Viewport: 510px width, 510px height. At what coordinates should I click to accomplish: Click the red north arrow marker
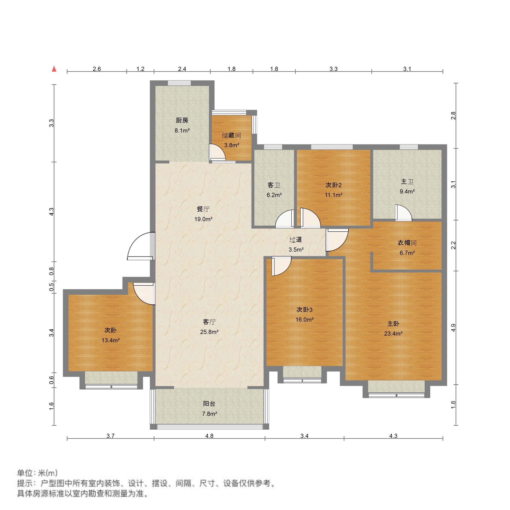coord(54,69)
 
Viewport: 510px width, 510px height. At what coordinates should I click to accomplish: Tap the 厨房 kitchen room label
coord(182,121)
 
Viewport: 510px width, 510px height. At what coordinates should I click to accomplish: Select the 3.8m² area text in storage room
coord(231,145)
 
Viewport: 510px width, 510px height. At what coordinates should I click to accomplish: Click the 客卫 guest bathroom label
coord(274,185)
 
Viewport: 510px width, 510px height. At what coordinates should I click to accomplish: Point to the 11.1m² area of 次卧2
coord(333,195)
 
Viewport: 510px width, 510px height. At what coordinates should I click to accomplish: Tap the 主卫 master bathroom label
coord(407,182)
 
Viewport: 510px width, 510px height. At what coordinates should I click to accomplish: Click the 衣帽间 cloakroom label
coord(407,243)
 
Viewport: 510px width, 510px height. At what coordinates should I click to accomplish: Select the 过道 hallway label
coord(296,240)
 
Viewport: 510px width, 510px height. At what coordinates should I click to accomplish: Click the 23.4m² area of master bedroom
coord(393,334)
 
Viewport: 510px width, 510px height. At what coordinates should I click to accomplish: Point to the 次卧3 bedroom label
coord(304,310)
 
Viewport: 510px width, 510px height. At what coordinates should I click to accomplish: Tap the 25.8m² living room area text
coord(209,332)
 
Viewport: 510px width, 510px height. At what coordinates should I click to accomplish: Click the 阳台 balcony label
coord(209,404)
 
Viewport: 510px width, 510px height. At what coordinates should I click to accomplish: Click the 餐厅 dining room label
coord(203,209)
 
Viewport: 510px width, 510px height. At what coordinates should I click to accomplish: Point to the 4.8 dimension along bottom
coord(209,436)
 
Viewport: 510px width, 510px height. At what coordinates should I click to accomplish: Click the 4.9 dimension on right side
coord(453,328)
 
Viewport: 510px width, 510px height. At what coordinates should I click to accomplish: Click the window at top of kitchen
coord(179,83)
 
